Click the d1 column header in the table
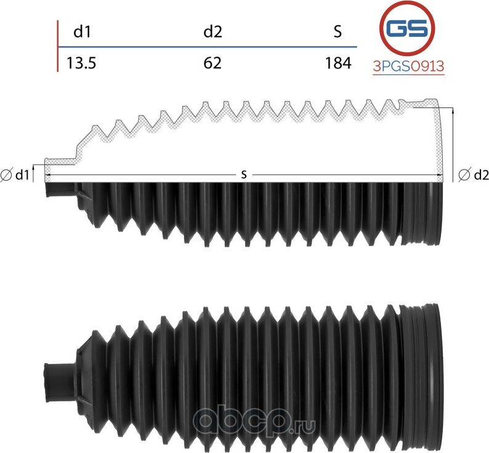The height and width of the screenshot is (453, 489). point(83,32)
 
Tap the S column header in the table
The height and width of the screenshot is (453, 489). point(337,32)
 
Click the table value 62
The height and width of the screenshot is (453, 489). point(212,63)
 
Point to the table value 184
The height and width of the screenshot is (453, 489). point(339,63)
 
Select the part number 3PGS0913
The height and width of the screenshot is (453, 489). point(408,67)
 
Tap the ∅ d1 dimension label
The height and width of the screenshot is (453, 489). point(15,176)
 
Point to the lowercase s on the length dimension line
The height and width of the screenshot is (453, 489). point(244,175)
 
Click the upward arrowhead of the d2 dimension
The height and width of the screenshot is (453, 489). point(454,112)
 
